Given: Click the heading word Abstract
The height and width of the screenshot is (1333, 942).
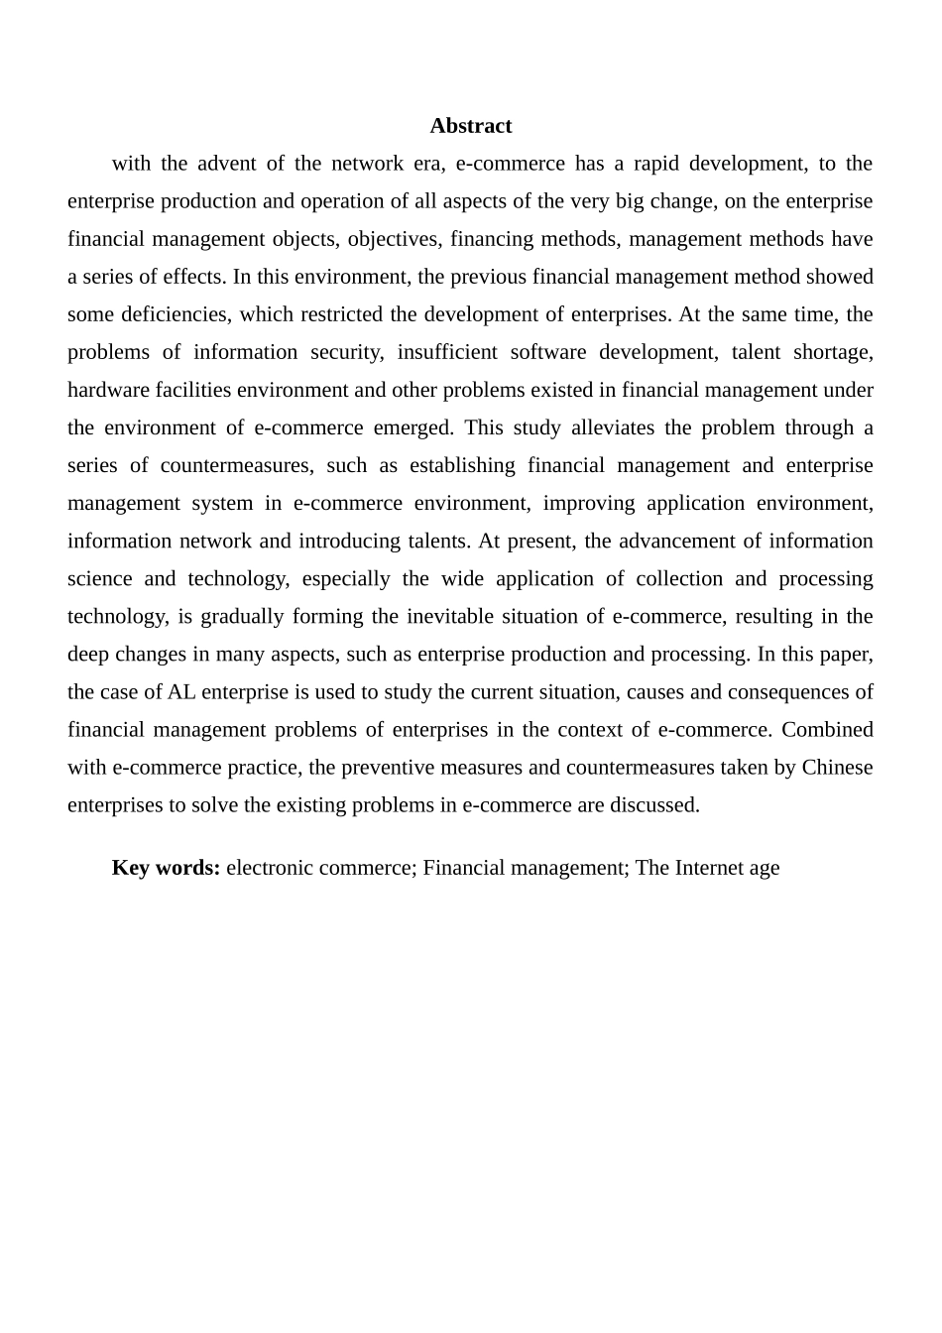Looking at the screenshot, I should [470, 126].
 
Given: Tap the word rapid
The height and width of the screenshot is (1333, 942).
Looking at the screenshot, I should [656, 164].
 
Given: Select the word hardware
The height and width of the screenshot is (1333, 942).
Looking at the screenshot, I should [105, 390].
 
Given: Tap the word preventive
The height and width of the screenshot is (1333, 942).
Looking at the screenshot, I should [377, 767].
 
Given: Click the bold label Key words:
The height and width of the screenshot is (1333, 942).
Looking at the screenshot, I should [166, 868].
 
